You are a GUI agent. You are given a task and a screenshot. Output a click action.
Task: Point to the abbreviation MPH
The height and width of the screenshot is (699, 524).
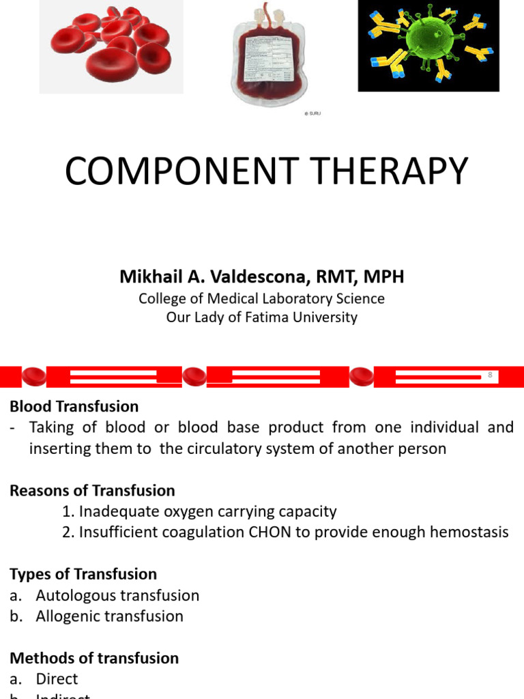click(383, 276)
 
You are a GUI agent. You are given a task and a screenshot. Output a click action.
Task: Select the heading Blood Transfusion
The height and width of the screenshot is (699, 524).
click(74, 407)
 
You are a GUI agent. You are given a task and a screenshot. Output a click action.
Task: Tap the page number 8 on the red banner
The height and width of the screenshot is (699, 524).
click(489, 375)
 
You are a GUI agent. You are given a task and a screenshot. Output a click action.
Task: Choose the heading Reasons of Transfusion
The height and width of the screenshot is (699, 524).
click(92, 491)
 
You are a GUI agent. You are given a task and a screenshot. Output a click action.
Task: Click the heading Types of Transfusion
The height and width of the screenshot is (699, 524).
click(83, 574)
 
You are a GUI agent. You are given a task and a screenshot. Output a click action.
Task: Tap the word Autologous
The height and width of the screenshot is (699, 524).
click(76, 595)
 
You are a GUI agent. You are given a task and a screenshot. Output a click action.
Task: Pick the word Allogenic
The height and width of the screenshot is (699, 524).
click(70, 616)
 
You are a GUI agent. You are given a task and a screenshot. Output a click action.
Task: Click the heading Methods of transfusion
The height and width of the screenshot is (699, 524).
click(94, 658)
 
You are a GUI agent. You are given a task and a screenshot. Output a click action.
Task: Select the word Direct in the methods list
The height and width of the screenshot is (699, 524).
click(57, 679)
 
